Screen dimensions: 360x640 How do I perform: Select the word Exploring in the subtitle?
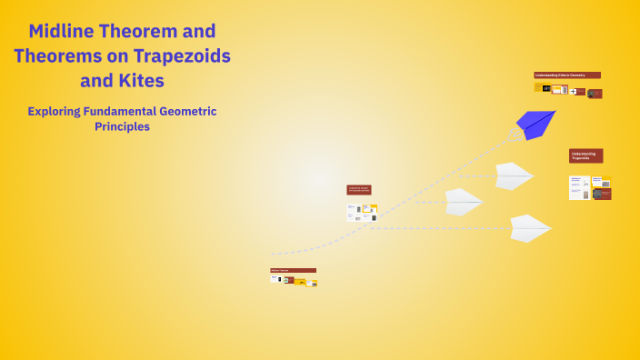pos(57,112)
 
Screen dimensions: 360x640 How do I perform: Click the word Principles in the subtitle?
pos(122,127)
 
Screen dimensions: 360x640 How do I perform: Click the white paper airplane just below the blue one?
pos(514,175)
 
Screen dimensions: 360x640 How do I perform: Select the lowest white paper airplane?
pos(529,227)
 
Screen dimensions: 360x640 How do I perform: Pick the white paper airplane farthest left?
pos(463,201)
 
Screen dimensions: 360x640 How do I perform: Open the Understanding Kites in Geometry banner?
pos(566,75)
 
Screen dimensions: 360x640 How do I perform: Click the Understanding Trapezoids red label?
pos(585,155)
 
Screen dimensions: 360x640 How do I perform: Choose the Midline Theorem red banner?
pos(293,270)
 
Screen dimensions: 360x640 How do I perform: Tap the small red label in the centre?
pos(358,190)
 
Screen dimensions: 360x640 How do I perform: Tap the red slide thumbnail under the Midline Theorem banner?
pos(290,281)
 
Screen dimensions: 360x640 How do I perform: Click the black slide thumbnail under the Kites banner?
pos(546,88)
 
